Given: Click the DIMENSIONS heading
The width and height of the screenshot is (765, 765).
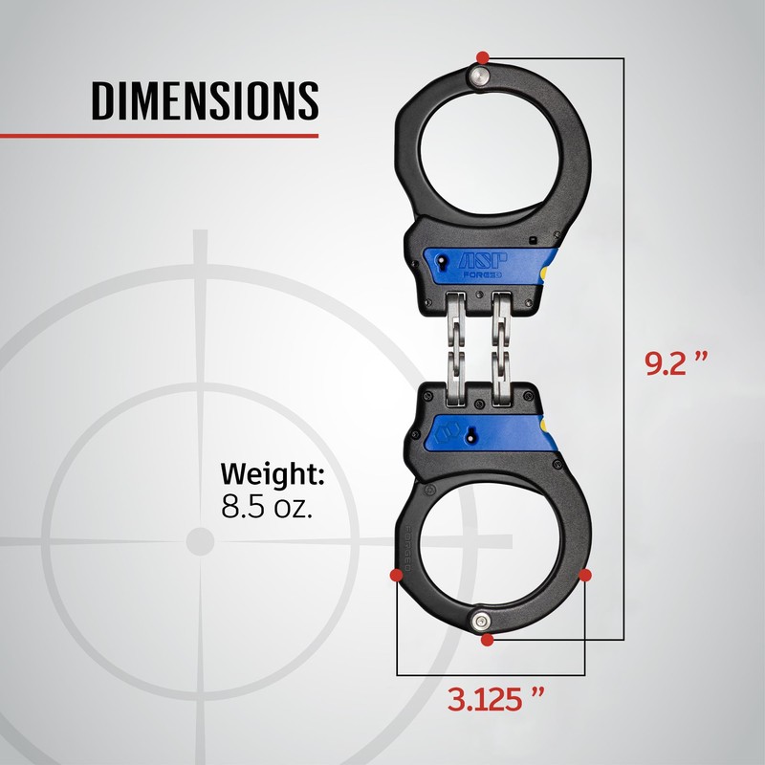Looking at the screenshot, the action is [x=205, y=101].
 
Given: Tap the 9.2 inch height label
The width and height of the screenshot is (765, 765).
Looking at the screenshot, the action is [x=676, y=362].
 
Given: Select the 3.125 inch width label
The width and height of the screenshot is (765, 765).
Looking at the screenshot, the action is [x=495, y=699].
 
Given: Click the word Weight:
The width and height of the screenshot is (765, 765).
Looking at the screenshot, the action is [x=273, y=474].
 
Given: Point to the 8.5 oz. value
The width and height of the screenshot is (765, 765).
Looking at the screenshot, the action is [x=267, y=507].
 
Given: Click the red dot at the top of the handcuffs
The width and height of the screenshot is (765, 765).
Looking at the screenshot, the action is [x=483, y=57].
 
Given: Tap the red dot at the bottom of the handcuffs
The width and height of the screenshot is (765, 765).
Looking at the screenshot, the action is [x=487, y=640].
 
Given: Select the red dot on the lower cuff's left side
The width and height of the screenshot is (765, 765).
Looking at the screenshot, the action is [x=397, y=576].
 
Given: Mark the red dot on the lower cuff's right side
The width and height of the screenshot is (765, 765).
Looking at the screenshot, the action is [x=585, y=576].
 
